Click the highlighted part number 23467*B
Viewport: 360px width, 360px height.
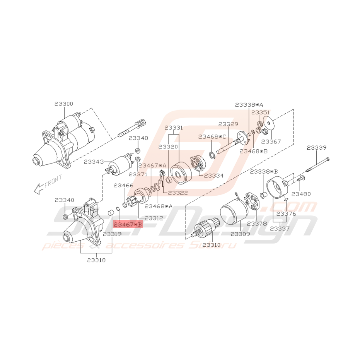pyautogui.click(x=128, y=224)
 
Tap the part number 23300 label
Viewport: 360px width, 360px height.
pyautogui.click(x=64, y=104)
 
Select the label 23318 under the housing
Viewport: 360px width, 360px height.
pyautogui.click(x=96, y=260)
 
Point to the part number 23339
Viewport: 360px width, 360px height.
pyautogui.click(x=317, y=147)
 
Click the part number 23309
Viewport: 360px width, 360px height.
pyautogui.click(x=241, y=234)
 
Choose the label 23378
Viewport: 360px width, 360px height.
pyautogui.click(x=257, y=224)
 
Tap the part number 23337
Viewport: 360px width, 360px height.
pyautogui.click(x=280, y=229)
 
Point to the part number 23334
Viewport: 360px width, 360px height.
pyautogui.click(x=214, y=175)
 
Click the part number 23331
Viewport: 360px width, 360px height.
pyautogui.click(x=174, y=128)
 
